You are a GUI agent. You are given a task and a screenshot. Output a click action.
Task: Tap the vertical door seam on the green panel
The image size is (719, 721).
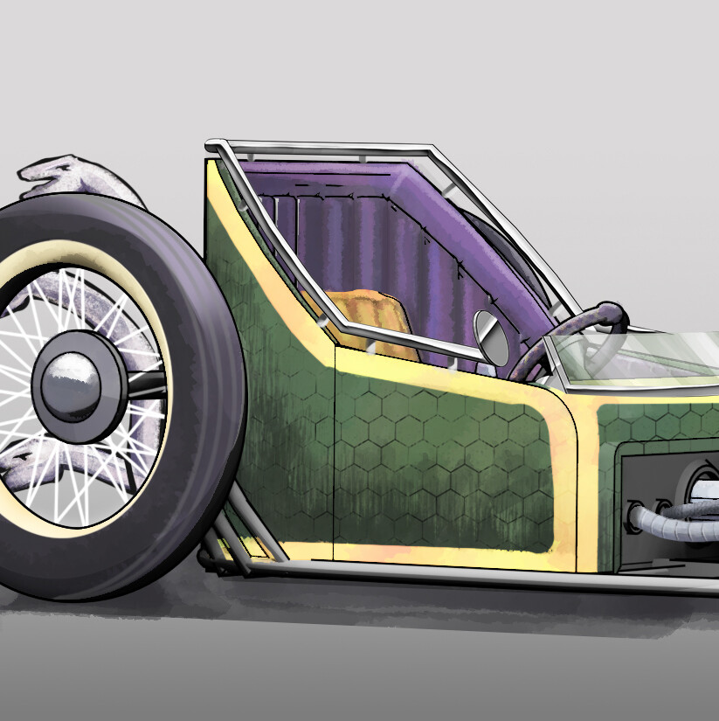tap(335, 454)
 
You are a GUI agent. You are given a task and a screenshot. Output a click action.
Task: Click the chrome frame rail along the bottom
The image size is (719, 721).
tap(454, 573)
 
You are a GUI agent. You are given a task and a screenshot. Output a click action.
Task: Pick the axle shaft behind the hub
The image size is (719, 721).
tap(144, 385)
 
